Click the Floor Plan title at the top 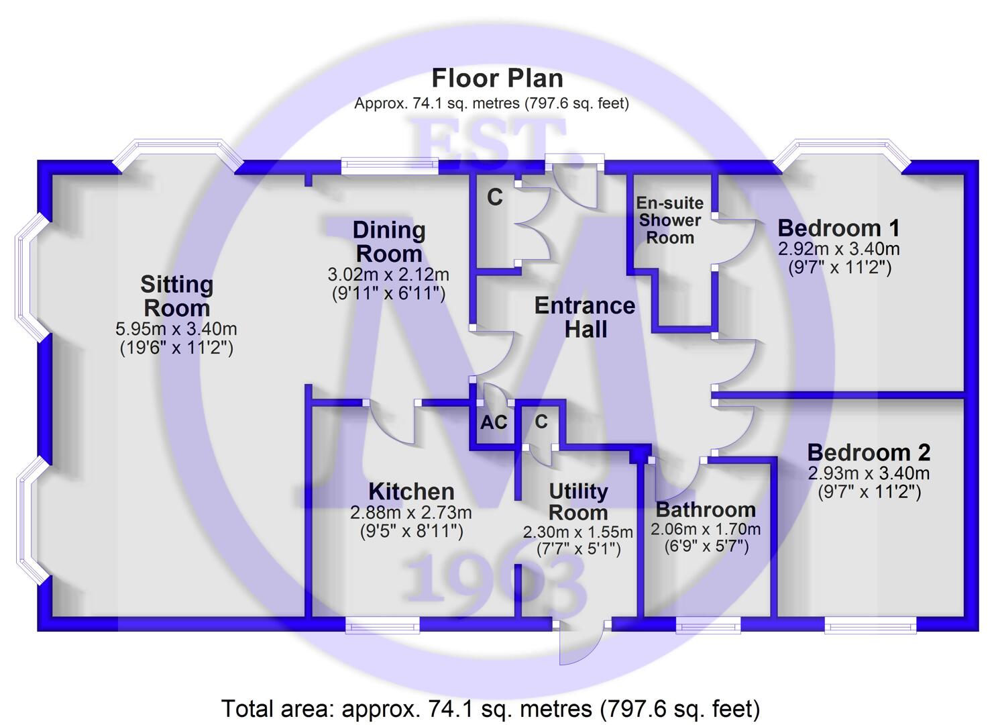tap(497, 79)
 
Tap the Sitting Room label tap(177, 296)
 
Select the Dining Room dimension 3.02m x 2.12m tap(388, 275)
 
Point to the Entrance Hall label tap(585, 318)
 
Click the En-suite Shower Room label tap(670, 220)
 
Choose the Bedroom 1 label tap(839, 228)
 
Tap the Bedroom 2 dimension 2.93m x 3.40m tap(869, 473)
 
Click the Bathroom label tap(706, 510)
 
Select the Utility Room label tap(578, 502)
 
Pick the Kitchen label tap(411, 492)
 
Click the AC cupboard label tap(494, 422)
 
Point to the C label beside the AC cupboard tap(541, 422)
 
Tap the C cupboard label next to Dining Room tap(495, 197)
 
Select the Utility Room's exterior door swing tap(579, 645)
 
